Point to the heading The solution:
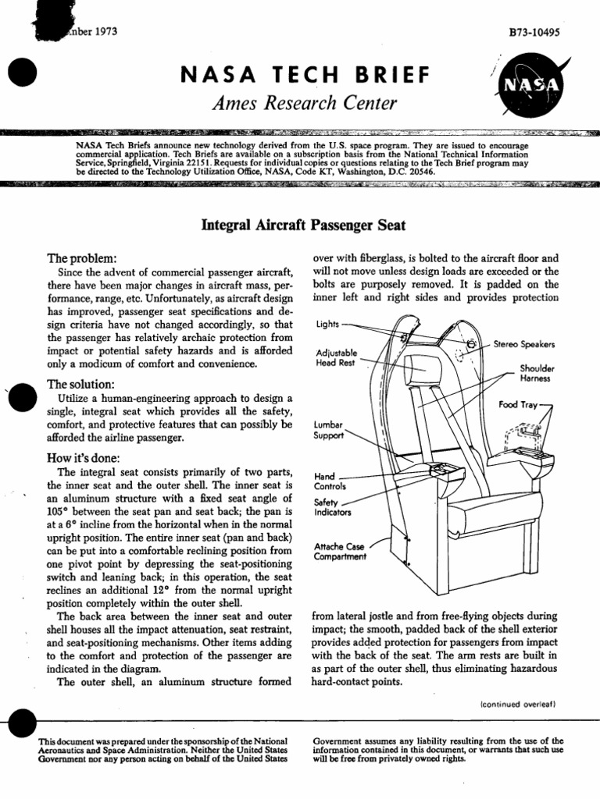click(82, 385)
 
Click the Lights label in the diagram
click(327, 324)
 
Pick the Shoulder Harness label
click(537, 373)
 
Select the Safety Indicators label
click(332, 509)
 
